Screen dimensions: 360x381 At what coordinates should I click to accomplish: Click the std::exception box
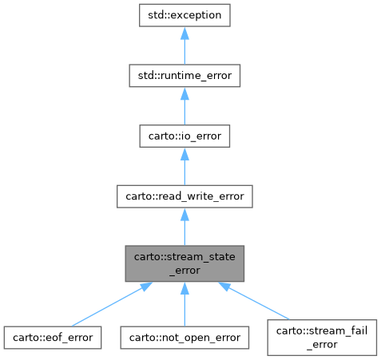point(185,15)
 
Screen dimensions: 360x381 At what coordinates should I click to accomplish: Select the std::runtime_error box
point(185,76)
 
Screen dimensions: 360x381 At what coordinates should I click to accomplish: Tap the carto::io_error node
point(185,136)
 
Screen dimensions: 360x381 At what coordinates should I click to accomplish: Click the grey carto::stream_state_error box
point(185,263)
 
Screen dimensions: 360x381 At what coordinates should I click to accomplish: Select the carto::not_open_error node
point(185,337)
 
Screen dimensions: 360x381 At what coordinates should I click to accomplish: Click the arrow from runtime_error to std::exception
point(185,48)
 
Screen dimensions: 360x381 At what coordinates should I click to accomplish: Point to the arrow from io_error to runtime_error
point(185,109)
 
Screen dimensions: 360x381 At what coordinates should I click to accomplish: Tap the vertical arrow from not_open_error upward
point(185,307)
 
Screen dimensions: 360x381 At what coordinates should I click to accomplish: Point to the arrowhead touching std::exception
point(185,34)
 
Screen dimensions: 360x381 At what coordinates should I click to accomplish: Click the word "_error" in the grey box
point(185,270)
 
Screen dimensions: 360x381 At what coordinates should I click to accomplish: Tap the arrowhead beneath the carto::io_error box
point(185,155)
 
